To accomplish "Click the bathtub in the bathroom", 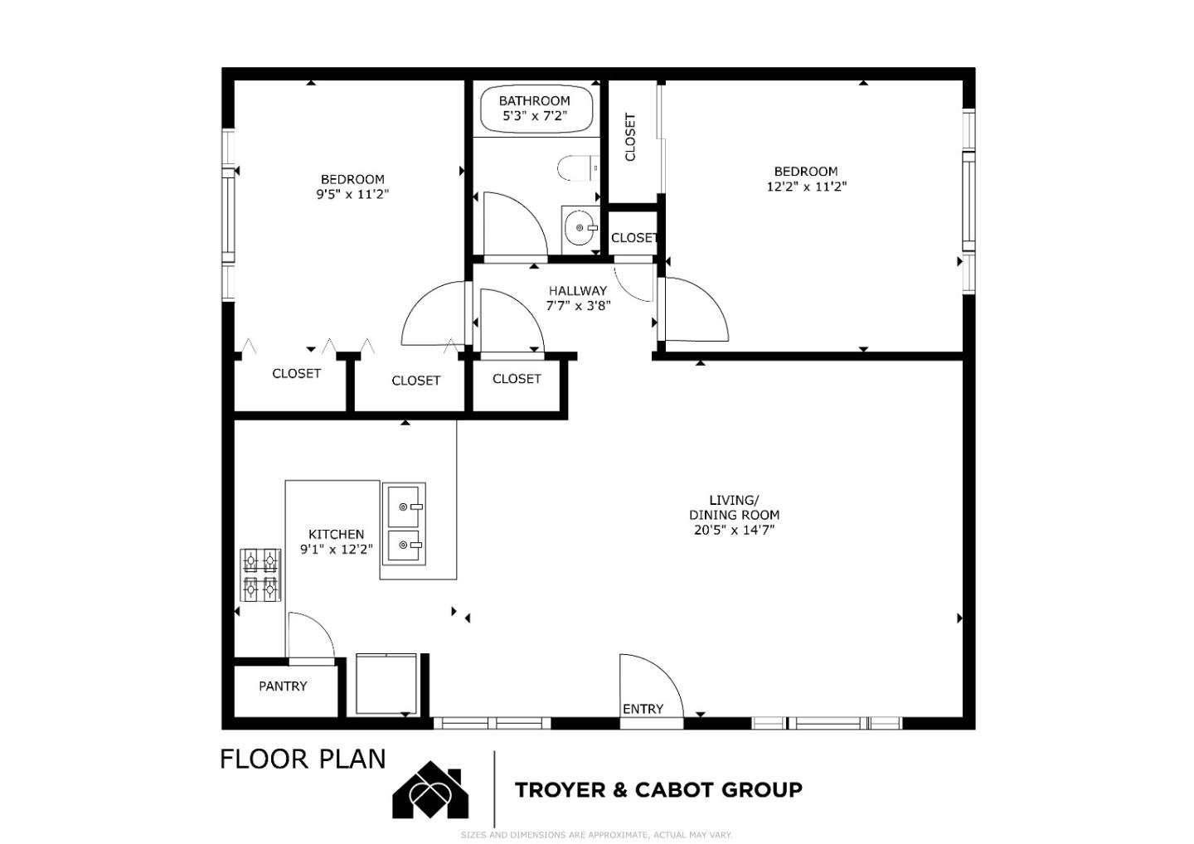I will (536, 109).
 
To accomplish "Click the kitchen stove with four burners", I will (260, 575).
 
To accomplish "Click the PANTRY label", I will (283, 686).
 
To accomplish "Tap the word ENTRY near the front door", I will (643, 709).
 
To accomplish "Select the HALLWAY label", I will (578, 291).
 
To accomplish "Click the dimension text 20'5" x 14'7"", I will (734, 530).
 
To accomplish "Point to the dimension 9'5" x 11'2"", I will (352, 194).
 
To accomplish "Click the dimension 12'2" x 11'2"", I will (806, 187).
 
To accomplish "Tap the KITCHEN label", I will (336, 535).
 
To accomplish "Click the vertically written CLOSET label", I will (630, 137).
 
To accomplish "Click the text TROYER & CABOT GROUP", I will (658, 789).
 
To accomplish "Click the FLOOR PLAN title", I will (303, 759).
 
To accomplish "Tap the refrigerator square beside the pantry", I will (386, 684).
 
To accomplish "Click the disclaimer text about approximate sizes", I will (596, 835).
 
